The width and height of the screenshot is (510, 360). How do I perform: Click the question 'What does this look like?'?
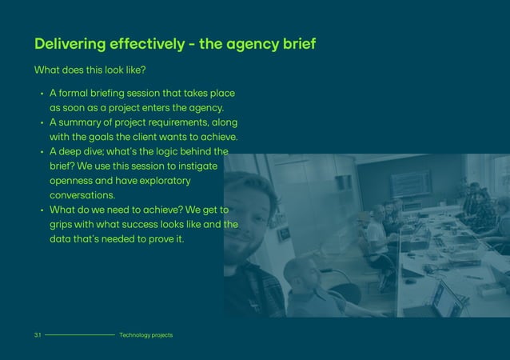(90, 70)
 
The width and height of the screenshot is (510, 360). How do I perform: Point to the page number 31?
(37, 335)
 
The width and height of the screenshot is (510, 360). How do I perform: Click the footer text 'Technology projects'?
(145, 335)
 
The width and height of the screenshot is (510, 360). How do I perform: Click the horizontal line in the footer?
(80, 335)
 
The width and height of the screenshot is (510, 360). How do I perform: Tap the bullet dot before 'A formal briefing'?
(41, 94)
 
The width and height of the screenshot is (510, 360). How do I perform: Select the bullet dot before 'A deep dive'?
(41, 152)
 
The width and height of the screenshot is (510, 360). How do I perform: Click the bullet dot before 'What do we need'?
(41, 210)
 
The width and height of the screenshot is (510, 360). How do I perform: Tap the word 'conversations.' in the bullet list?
(82, 195)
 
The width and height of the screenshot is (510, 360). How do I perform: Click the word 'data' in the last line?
(62, 239)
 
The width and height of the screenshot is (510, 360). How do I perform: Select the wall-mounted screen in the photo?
(412, 182)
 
